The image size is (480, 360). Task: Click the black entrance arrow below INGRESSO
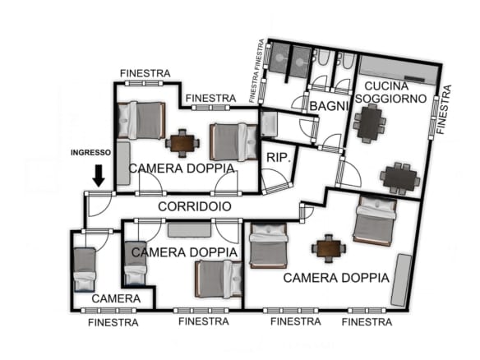tap(99, 175)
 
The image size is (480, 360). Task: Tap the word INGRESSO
tap(91, 152)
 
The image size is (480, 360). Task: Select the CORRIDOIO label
tap(195, 206)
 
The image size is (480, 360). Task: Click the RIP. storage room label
tap(279, 158)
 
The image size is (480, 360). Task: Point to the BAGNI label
tap(330, 106)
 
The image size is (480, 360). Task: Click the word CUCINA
tap(386, 86)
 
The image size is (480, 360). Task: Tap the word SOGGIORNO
tap(391, 99)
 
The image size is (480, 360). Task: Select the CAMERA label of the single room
tap(116, 298)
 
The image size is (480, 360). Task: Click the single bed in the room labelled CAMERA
tap(85, 270)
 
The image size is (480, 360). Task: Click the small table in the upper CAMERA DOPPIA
tap(182, 143)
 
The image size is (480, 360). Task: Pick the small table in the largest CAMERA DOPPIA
tap(329, 248)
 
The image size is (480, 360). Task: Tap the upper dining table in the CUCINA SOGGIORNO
tap(370, 123)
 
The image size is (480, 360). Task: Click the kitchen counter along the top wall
tap(399, 70)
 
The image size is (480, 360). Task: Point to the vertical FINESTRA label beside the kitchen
tap(444, 109)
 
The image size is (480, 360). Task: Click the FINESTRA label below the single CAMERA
tap(113, 322)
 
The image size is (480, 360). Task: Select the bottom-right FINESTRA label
tap(367, 321)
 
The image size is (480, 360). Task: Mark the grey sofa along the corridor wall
tap(190, 230)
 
